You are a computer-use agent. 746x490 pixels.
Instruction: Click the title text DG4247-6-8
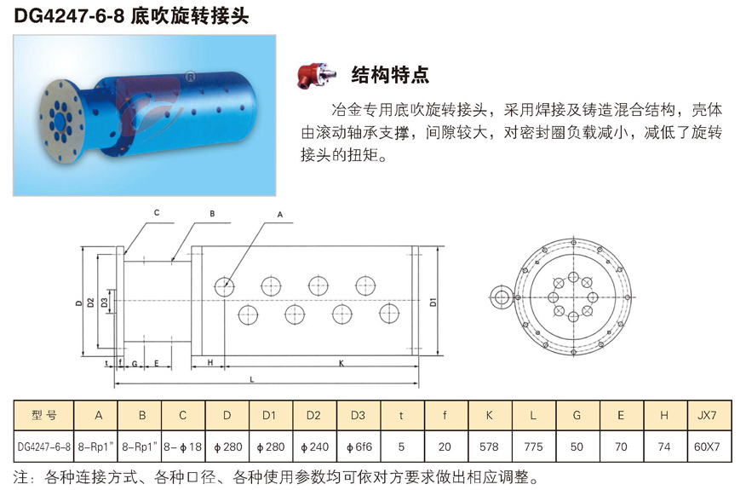[x=70, y=15]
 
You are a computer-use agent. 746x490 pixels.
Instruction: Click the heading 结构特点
[x=390, y=75]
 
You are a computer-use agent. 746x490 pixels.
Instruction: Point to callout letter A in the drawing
[x=279, y=215]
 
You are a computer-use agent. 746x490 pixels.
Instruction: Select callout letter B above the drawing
[x=212, y=214]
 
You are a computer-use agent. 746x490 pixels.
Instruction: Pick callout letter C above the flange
[x=157, y=213]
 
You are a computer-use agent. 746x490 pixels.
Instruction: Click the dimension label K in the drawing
[x=341, y=363]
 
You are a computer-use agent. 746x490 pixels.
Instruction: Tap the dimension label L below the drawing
[x=252, y=379]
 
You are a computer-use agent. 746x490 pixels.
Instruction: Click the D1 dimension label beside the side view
[x=433, y=302]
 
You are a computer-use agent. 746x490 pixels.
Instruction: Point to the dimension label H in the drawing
[x=210, y=363]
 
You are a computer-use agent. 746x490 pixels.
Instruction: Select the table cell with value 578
[x=489, y=447]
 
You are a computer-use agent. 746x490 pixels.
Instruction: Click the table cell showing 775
[x=533, y=447]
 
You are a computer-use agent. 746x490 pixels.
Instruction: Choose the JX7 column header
[x=707, y=415]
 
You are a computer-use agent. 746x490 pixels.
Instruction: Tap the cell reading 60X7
[x=707, y=447]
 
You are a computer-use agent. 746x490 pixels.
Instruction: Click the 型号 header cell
[x=43, y=415]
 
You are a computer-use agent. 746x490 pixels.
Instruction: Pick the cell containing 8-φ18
[x=183, y=447]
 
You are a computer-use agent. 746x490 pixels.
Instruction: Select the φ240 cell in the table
[x=314, y=447]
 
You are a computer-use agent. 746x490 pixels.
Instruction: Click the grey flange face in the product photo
[x=62, y=119]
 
